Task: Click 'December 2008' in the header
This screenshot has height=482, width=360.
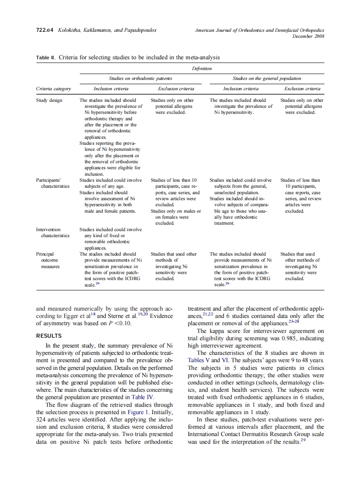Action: point(308,37)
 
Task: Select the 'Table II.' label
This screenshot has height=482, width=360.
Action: point(46,57)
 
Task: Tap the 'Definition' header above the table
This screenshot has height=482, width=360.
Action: point(201,68)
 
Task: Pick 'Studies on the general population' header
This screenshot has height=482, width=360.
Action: point(267,78)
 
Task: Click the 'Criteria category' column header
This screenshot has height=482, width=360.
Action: point(54,89)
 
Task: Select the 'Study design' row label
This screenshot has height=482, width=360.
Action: point(49,100)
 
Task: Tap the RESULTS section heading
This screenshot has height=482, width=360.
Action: point(49,336)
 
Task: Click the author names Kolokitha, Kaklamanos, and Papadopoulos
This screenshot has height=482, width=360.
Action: point(107,31)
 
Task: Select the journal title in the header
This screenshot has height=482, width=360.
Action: point(259,31)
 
